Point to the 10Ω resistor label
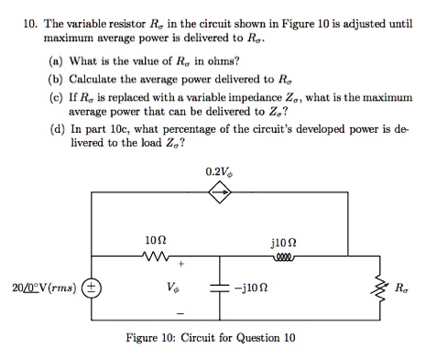coord(156,240)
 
